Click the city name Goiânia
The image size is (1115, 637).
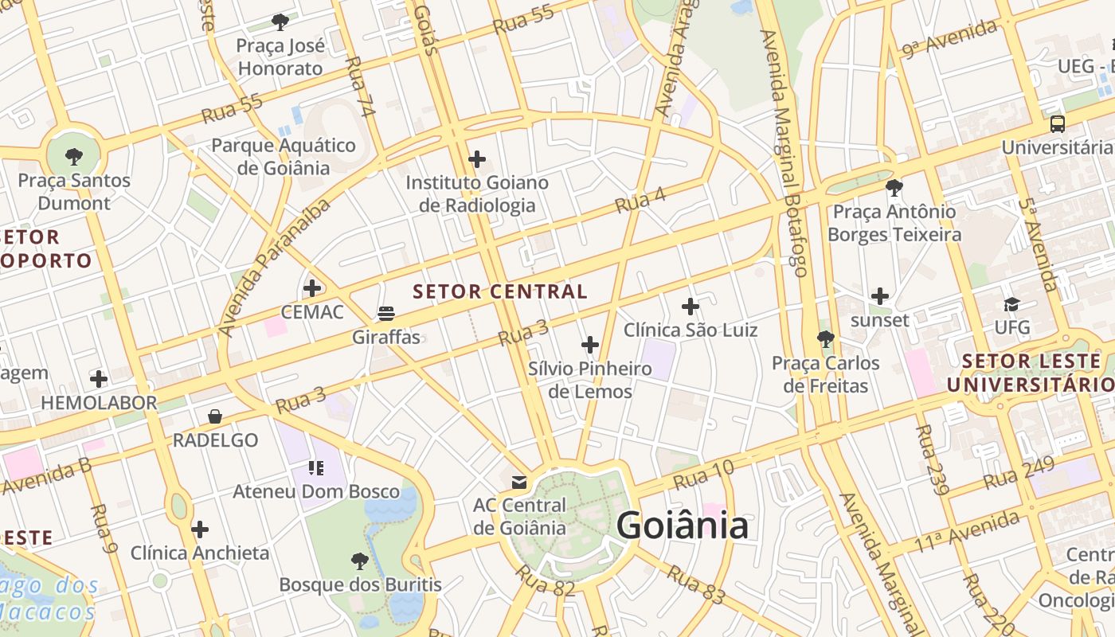tap(683, 526)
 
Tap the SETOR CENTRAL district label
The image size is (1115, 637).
tap(500, 291)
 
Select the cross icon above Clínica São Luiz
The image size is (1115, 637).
tap(691, 307)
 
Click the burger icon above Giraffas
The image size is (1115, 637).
tap(386, 314)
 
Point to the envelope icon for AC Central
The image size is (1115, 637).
tap(519, 483)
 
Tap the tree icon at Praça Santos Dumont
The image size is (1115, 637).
tap(74, 156)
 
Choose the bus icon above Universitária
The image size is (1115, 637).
tap(1058, 124)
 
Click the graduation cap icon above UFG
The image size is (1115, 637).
tap(1011, 304)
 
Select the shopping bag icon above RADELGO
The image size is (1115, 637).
tap(215, 416)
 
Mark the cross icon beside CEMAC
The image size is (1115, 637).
tap(313, 287)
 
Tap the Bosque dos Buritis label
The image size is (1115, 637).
tap(360, 584)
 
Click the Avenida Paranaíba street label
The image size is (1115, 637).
tap(273, 268)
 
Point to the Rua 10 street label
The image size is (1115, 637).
tap(703, 475)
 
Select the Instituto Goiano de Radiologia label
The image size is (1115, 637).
tap(477, 193)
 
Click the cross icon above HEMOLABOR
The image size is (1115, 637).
tap(99, 378)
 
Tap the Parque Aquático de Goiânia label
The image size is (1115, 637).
tap(283, 156)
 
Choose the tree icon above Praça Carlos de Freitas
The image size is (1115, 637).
tap(826, 339)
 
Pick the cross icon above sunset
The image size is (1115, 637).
tap(880, 296)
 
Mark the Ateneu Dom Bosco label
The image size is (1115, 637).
tap(316, 491)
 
